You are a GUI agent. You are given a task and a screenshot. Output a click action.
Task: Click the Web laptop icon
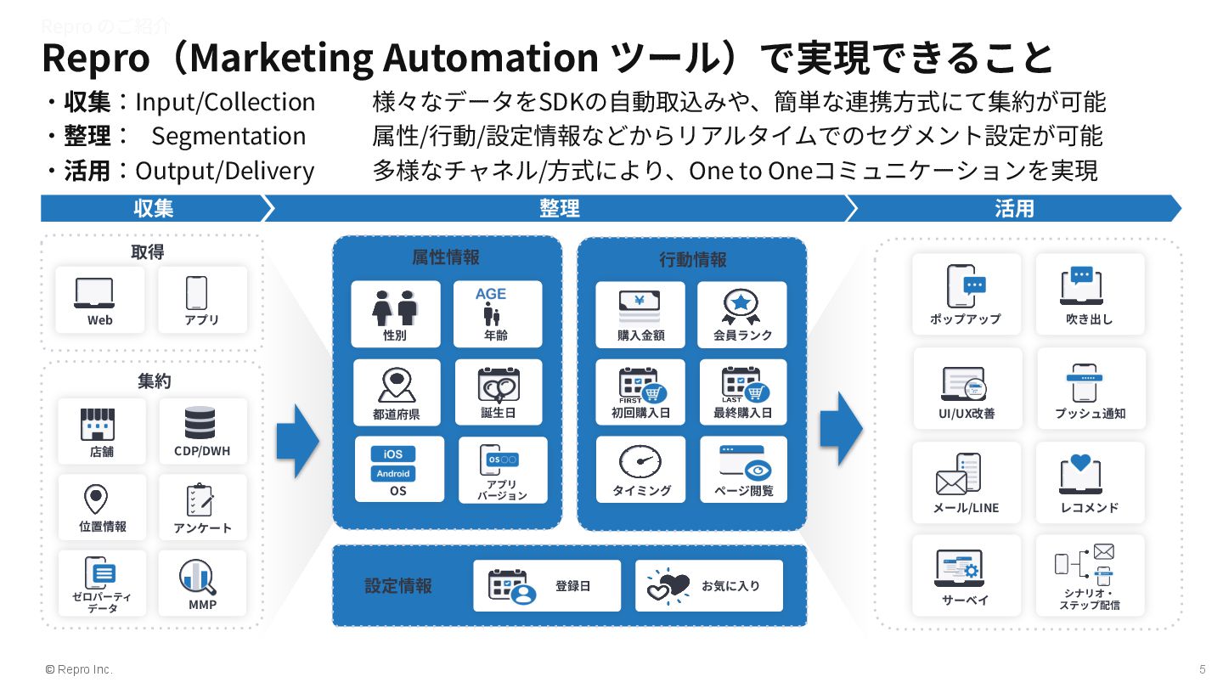(94, 292)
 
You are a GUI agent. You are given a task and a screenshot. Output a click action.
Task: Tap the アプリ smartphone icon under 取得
(196, 292)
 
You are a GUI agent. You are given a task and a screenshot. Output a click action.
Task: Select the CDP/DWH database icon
(200, 422)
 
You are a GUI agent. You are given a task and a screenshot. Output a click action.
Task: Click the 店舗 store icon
(98, 424)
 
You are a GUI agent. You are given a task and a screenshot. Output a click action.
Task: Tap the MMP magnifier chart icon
(198, 578)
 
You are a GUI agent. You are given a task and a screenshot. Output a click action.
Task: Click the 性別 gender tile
(396, 314)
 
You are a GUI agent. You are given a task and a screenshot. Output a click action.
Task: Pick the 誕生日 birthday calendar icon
(499, 385)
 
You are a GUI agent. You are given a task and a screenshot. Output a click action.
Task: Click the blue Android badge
(393, 473)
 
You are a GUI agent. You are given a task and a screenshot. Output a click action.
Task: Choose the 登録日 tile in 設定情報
(547, 585)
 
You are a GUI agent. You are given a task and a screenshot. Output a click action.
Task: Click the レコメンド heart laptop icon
(1080, 476)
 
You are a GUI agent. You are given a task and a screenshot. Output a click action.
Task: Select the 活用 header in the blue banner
(1013, 208)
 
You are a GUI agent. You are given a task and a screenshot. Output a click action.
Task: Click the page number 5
(1202, 668)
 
